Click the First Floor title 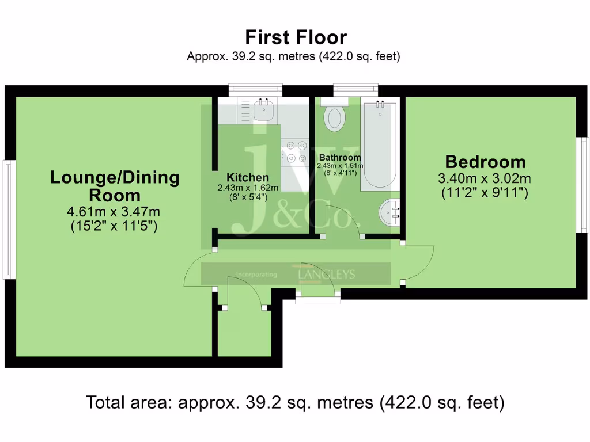(296, 38)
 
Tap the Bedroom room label (485, 162)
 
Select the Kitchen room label (247, 177)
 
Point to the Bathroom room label (340, 157)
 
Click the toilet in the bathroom (334, 116)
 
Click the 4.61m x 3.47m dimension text (114, 211)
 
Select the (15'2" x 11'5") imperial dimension (114, 226)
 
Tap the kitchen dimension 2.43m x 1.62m (248, 188)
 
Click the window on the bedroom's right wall (584, 184)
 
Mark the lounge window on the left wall (8, 219)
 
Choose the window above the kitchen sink (255, 89)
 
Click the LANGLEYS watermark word (326, 275)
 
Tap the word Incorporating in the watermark (256, 275)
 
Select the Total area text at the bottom (295, 402)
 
